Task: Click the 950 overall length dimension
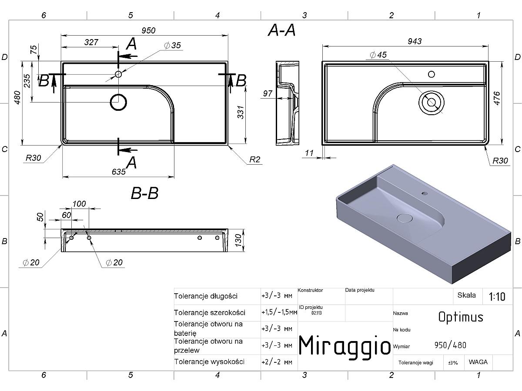point(148,30)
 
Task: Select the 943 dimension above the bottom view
point(415,41)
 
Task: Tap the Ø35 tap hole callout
point(172,45)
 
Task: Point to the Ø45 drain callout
point(378,55)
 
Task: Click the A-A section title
point(281,30)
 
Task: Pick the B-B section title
point(144,193)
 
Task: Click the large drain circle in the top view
point(118,103)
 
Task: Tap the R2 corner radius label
point(255,159)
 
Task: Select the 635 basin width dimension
point(119,172)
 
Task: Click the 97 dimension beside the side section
point(268,93)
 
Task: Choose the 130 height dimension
point(238,240)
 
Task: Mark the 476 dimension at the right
point(497,98)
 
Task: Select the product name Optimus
point(461,317)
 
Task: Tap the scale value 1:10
point(497,297)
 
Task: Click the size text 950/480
point(450,345)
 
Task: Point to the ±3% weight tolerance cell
point(453,363)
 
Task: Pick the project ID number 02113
point(317,313)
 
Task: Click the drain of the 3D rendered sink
point(405,218)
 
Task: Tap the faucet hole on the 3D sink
point(425,193)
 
